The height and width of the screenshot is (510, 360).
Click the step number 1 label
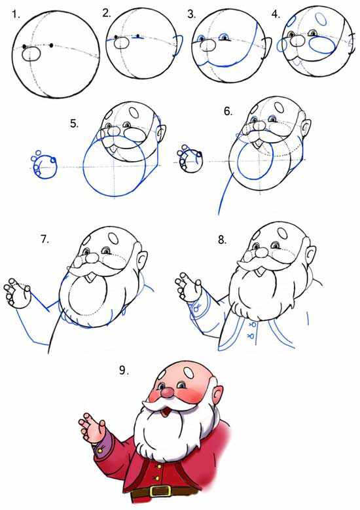15,14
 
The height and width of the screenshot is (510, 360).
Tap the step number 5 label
74,124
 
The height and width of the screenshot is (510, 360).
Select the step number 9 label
123,371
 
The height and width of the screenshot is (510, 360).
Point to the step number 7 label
45,240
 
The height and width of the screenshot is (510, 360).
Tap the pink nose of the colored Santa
168,393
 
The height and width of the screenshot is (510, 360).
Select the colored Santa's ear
218,394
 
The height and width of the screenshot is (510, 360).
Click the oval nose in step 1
31,54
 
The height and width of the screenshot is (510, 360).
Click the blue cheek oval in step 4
321,45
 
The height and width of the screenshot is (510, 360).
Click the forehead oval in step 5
134,113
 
